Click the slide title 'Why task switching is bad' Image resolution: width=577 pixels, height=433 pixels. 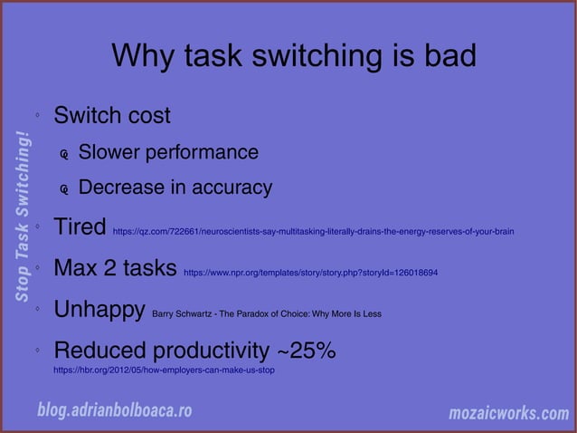pos(293,57)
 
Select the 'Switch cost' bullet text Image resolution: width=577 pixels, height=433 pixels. pos(112,117)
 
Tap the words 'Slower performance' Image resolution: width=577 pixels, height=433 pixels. pos(168,152)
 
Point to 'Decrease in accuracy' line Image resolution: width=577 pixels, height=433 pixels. pos(175,188)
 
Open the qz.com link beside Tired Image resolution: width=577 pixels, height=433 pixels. pos(313,232)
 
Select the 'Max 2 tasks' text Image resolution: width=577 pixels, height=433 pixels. pos(115,269)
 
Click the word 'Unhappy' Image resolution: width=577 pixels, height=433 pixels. pos(99,311)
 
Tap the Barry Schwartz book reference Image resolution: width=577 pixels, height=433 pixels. pos(266,315)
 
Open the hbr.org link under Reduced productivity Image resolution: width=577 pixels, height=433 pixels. pos(164,370)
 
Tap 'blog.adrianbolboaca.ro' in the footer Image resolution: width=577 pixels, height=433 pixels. pos(115,410)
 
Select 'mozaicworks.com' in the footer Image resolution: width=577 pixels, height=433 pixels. pos(509,413)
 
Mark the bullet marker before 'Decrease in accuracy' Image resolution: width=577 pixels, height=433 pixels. pos(64,190)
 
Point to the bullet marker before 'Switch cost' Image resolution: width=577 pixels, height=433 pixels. pos(37,117)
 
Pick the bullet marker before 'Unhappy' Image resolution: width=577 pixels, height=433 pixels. pos(37,310)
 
